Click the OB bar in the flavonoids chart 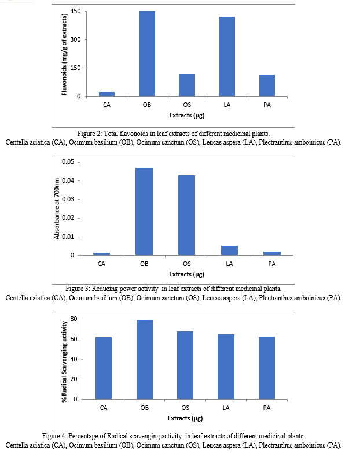click(x=147, y=54)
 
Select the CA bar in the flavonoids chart click(x=106, y=94)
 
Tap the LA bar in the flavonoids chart click(x=227, y=57)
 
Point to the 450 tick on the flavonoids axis click(x=75, y=12)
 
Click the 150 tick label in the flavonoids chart click(x=75, y=68)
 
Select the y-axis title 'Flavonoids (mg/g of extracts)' click(x=64, y=54)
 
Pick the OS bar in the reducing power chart click(x=187, y=215)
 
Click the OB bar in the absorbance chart click(x=144, y=211)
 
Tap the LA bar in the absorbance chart click(x=229, y=250)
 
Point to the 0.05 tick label click(x=68, y=161)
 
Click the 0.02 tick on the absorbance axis click(x=68, y=217)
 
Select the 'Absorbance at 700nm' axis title click(x=57, y=209)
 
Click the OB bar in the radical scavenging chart click(x=145, y=360)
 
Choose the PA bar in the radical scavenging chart click(x=267, y=368)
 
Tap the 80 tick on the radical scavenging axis click(x=74, y=319)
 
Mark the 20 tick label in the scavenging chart click(x=74, y=379)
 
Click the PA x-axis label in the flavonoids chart click(x=267, y=105)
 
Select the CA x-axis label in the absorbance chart click(x=101, y=264)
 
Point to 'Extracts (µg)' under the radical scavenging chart click(x=185, y=418)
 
